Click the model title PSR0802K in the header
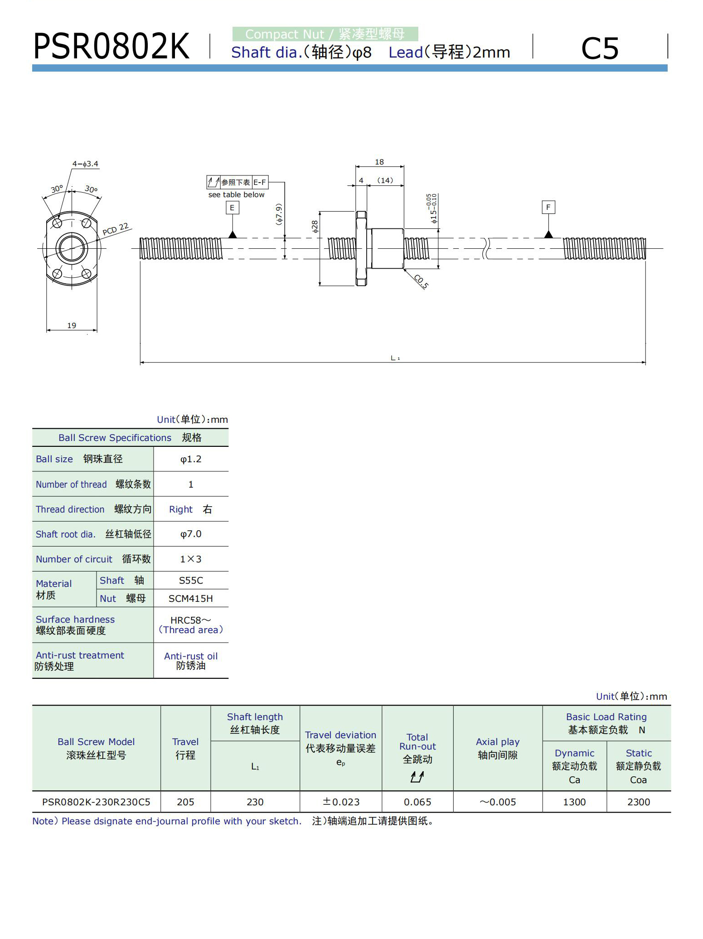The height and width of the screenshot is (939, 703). click(x=111, y=47)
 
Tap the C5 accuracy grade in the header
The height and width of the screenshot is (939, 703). click(x=599, y=48)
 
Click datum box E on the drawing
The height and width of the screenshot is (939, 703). click(x=232, y=208)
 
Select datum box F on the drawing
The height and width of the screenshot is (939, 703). click(x=548, y=207)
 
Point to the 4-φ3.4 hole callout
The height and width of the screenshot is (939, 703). click(x=85, y=164)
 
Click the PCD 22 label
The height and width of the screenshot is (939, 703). click(x=116, y=229)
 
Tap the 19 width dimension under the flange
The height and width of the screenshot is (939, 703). click(x=72, y=325)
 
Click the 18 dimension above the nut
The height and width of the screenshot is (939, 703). click(x=379, y=162)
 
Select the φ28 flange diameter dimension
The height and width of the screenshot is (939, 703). click(x=315, y=227)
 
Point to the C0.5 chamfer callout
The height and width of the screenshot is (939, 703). click(x=421, y=281)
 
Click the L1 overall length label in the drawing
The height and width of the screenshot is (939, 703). click(x=395, y=358)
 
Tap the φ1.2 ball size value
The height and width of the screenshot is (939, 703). click(x=191, y=459)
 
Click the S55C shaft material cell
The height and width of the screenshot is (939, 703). click(x=191, y=580)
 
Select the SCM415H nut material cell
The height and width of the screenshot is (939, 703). click(x=191, y=598)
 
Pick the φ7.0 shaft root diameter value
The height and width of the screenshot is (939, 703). click(x=191, y=534)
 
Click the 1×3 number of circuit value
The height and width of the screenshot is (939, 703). click(x=191, y=559)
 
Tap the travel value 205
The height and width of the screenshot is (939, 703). click(x=185, y=802)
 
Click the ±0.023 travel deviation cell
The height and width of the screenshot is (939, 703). click(x=341, y=802)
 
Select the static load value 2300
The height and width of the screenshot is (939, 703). click(x=639, y=802)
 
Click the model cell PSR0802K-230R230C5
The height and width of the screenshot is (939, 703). click(x=96, y=802)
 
